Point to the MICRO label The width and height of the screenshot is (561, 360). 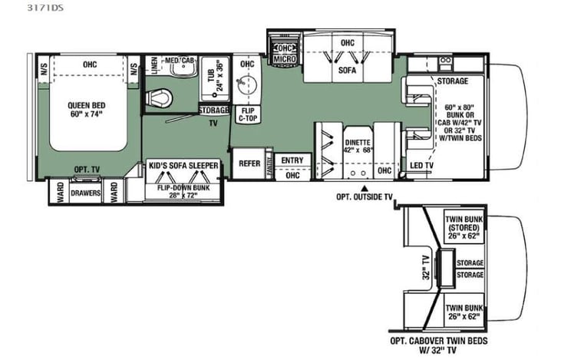click(x=284, y=58)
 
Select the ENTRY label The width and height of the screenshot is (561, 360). click(x=292, y=160)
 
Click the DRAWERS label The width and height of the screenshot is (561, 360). click(x=86, y=193)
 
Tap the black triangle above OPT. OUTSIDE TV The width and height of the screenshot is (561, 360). click(x=365, y=187)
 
